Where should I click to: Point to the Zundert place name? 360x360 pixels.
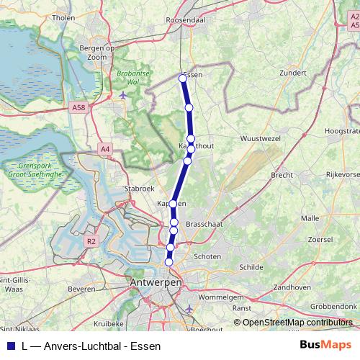point(277,73)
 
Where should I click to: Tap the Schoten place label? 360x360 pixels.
point(207,256)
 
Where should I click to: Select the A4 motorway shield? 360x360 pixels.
point(106,149)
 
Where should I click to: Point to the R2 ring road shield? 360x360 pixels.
point(91,242)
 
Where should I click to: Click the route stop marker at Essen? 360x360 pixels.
point(182,78)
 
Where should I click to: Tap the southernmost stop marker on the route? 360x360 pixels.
point(169,262)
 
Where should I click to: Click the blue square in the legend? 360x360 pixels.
point(10,346)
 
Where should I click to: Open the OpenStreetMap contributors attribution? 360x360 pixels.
point(297,323)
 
